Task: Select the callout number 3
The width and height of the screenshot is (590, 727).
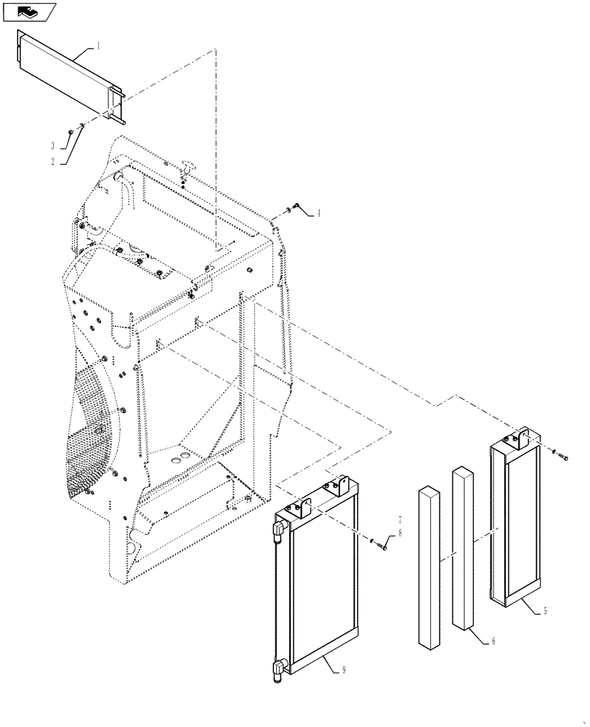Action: [53, 145]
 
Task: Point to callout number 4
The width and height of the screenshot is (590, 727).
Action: [317, 214]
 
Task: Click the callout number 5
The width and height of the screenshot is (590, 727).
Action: [545, 612]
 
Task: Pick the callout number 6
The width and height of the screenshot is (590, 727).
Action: [494, 640]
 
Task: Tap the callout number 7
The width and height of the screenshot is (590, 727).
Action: [399, 521]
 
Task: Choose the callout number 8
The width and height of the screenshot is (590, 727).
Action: [399, 532]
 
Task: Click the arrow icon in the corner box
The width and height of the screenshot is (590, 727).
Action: [28, 11]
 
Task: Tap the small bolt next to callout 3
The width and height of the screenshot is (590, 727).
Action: [69, 131]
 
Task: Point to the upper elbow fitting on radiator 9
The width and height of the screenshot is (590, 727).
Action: [280, 529]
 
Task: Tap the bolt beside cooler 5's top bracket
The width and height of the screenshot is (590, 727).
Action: [565, 457]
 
